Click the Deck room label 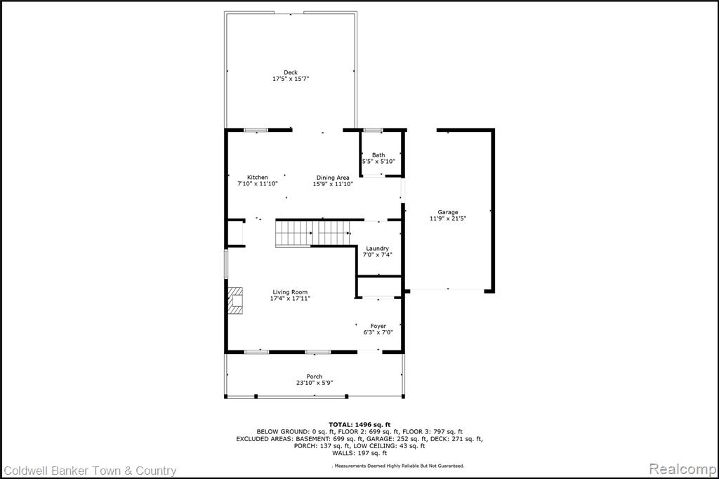290,72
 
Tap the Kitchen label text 257,177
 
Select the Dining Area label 333,178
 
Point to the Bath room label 378,155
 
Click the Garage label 447,212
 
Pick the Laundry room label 377,248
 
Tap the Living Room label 290,291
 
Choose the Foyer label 378,326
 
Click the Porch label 315,376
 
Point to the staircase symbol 312,234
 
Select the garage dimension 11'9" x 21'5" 448,218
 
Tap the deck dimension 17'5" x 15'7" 291,79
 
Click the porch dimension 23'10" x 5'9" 315,383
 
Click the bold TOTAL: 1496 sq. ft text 359,425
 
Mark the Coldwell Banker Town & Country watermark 90,471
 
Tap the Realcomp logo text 682,469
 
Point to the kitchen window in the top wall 256,131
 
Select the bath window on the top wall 373,131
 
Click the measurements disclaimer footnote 398,466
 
